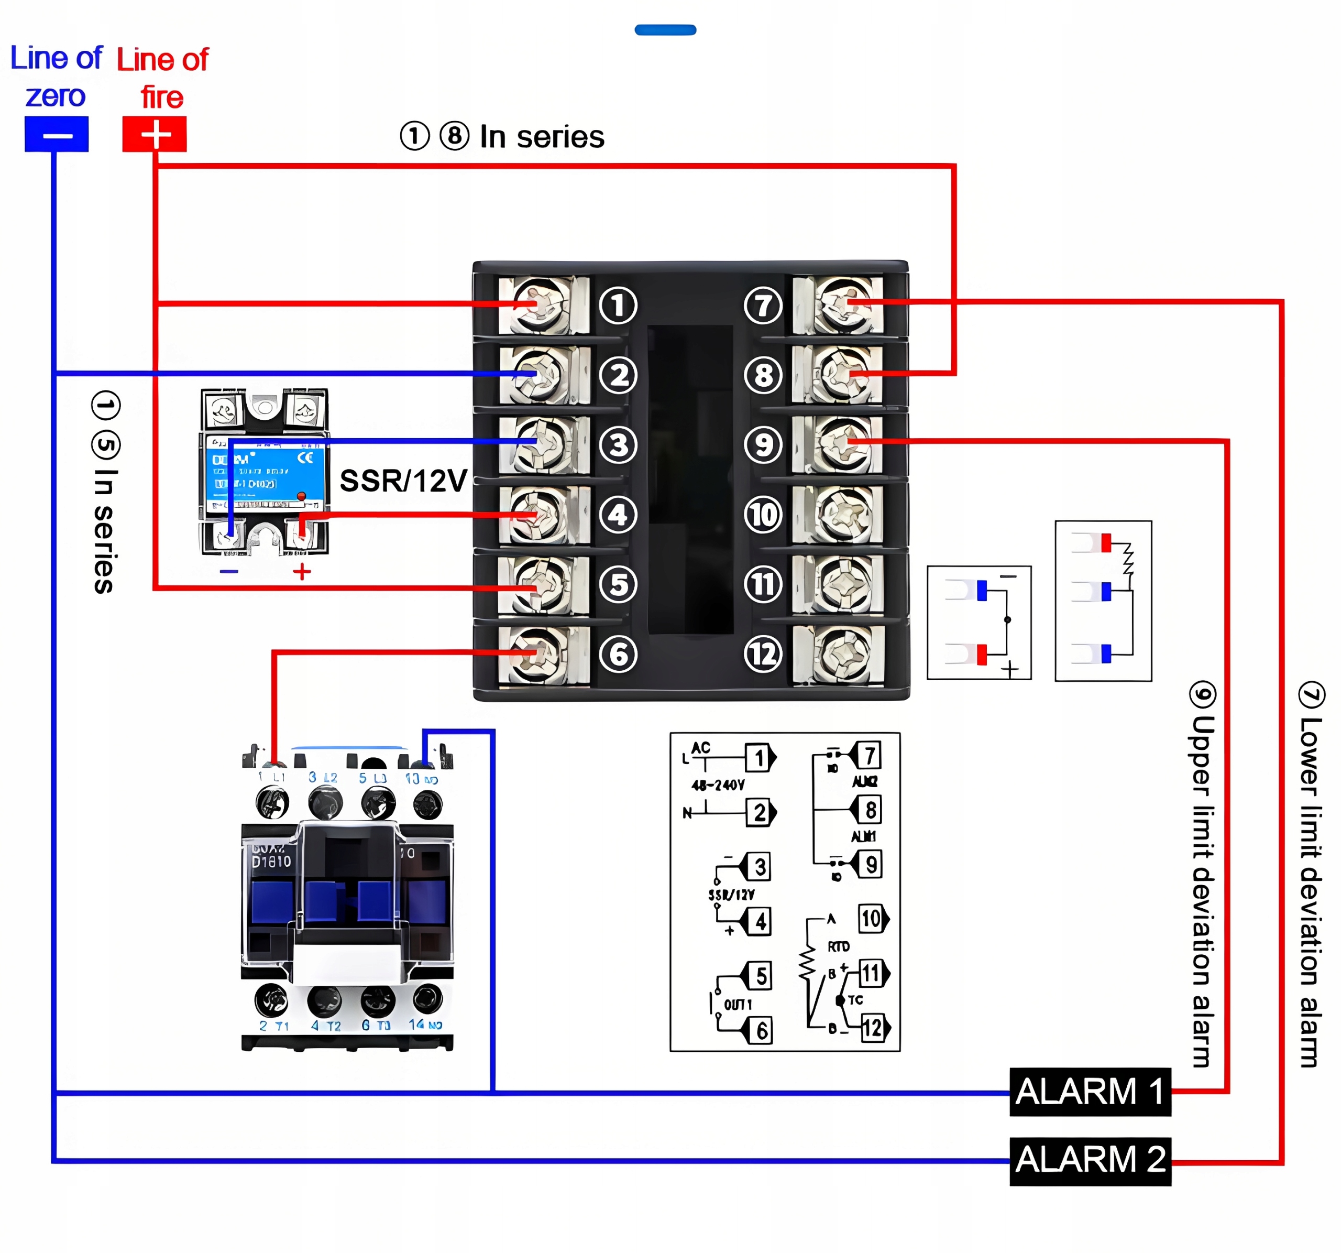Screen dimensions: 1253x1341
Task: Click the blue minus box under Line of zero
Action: click(57, 134)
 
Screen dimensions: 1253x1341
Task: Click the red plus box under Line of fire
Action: click(155, 134)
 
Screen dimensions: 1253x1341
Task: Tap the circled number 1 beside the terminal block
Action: click(618, 304)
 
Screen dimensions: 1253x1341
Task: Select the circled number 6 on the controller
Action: click(618, 654)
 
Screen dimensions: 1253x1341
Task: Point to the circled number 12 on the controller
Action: click(763, 654)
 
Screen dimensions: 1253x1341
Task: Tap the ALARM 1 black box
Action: click(1090, 1091)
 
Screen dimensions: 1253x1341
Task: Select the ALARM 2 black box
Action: click(1090, 1161)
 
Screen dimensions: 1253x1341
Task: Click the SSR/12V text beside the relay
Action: click(403, 481)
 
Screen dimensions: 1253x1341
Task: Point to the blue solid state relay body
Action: click(265, 472)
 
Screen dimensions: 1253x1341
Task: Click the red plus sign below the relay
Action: click(302, 572)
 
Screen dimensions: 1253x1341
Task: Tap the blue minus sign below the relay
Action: click(229, 572)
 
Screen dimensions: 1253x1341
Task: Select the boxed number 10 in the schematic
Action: click(872, 918)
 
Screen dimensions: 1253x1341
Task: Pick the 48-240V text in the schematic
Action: click(718, 785)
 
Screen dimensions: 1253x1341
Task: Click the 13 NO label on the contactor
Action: click(422, 779)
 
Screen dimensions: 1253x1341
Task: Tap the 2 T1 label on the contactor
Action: click(274, 1026)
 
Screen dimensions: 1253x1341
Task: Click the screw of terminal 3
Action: click(542, 444)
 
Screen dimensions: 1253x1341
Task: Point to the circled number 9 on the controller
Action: click(763, 445)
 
